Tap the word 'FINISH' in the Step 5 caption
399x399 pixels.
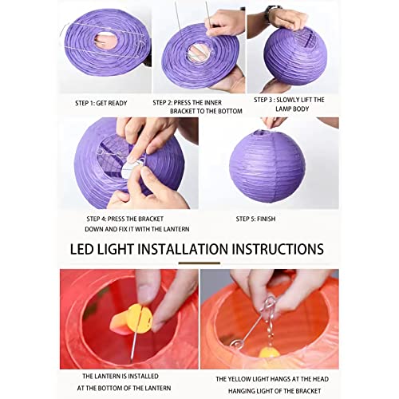tap(272, 218)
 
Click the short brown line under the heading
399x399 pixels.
tap(199, 263)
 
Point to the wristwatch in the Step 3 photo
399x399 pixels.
tap(274, 13)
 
